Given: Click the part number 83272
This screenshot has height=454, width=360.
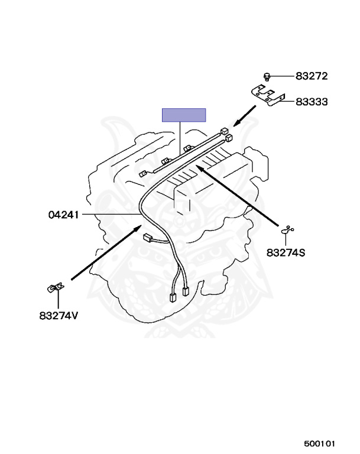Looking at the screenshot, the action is point(312,76).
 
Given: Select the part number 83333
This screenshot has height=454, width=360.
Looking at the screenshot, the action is point(312,102).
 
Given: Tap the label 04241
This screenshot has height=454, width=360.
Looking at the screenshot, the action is point(63,215).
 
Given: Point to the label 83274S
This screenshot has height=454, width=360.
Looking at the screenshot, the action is point(286,253).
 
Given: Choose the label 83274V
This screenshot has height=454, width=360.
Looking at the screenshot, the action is point(59,315).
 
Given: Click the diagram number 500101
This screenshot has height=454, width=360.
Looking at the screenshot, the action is point(319,443).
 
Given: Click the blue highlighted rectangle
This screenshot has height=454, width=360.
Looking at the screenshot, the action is point(184,115).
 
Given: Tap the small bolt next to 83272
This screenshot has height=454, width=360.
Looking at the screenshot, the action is point(267,77).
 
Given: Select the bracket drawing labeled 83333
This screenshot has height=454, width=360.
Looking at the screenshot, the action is point(268,95).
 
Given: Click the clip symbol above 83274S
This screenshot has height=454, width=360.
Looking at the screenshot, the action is point(287,230).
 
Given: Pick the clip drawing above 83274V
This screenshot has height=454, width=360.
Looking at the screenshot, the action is point(55,288).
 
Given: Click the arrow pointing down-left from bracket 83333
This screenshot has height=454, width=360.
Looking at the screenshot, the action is point(245,116).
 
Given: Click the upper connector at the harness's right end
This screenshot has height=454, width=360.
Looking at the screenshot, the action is point(225,131).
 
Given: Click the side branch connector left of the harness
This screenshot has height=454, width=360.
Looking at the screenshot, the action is point(148,238).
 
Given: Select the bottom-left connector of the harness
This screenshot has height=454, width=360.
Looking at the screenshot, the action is point(173,297).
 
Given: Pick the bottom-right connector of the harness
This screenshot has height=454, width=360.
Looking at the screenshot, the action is point(186,291).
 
